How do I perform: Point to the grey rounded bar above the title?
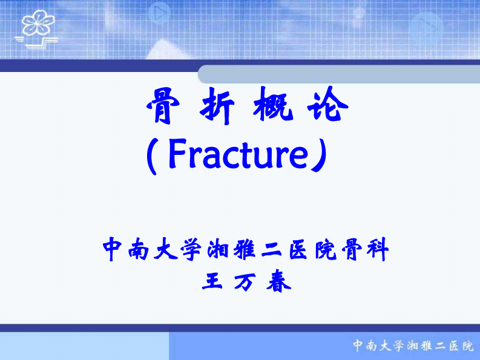tap(339, 74)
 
